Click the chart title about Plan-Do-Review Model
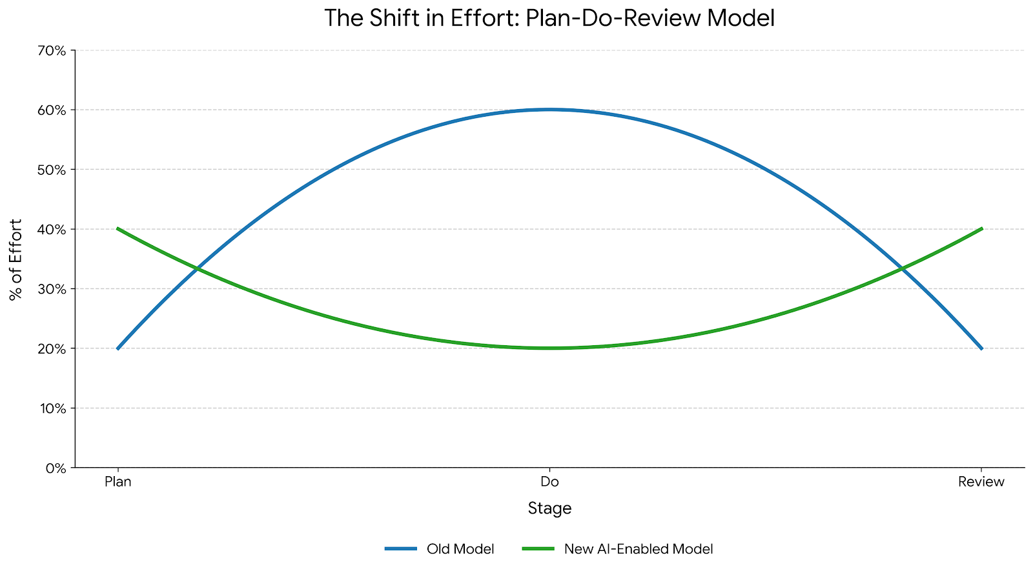[x=549, y=18]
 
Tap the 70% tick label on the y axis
[x=53, y=50]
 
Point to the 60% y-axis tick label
[x=53, y=110]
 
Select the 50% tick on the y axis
[x=53, y=170]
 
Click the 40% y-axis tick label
[x=53, y=230]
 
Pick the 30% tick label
[x=53, y=289]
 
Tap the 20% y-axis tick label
[x=53, y=349]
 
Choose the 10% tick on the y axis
[x=53, y=408]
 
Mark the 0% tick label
[x=56, y=468]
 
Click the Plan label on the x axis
[x=118, y=482]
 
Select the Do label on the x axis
[x=549, y=482]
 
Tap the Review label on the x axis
[x=981, y=482]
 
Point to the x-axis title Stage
[x=549, y=508]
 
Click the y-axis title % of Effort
[x=16, y=259]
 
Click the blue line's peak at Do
[x=549, y=110]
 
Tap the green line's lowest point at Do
[x=549, y=348]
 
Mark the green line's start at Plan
[x=118, y=228]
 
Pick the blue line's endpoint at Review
[x=981, y=348]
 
